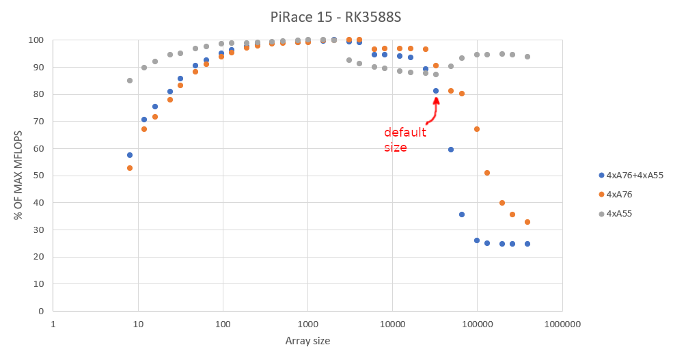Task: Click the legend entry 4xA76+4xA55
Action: coord(635,175)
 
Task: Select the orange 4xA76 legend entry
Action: coord(619,195)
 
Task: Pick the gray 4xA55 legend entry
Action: coord(619,214)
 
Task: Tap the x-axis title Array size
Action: coord(307,340)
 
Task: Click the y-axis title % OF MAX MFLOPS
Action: coord(18,176)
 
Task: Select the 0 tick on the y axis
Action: coord(42,311)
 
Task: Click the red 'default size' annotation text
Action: coord(404,139)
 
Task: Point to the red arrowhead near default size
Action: coord(436,100)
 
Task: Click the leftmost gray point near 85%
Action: coord(130,81)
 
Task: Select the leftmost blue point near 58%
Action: coord(130,155)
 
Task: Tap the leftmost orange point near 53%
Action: coord(130,168)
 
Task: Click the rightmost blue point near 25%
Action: coord(527,244)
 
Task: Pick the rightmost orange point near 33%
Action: coord(527,222)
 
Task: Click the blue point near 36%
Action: coord(462,214)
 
